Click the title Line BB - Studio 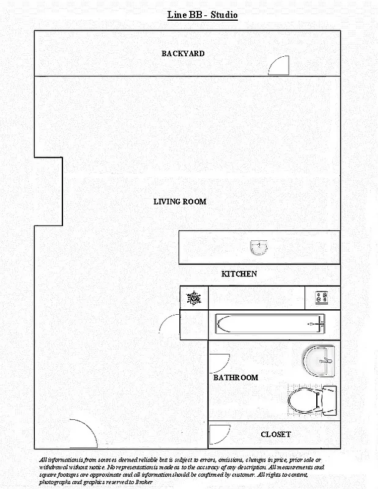click(202, 15)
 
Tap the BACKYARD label click(183, 54)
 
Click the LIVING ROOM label click(180, 202)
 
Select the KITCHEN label click(239, 274)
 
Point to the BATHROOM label click(235, 378)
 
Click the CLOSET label click(276, 435)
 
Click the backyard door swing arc click(279, 65)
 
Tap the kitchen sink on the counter click(259, 247)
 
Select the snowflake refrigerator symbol click(194, 298)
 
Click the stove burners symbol click(322, 298)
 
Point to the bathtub click(270, 324)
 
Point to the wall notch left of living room click(48, 191)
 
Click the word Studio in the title click(224, 15)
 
